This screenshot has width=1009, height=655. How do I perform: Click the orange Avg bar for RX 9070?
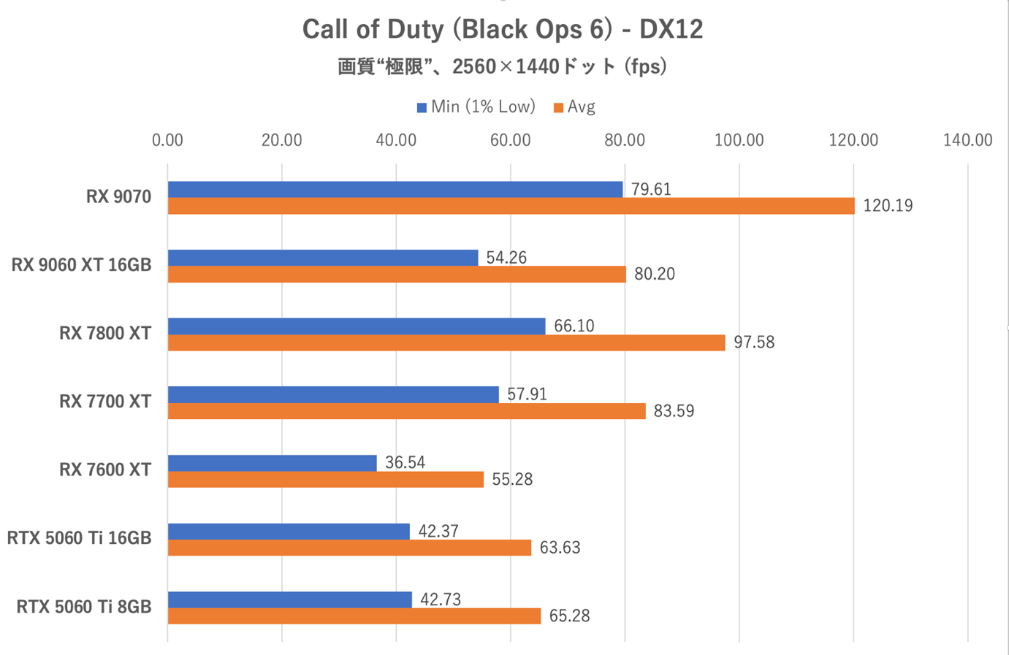(511, 206)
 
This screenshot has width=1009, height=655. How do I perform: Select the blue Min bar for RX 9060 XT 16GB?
(323, 258)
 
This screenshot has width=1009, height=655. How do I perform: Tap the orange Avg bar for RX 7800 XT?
(446, 342)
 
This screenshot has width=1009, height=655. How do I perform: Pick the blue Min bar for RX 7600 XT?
(273, 463)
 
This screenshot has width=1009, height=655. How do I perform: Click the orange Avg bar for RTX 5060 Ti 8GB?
(354, 616)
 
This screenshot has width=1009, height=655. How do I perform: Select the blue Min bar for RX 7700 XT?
(333, 394)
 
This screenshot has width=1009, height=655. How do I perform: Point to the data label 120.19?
(888, 206)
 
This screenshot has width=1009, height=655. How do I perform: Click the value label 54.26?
(506, 258)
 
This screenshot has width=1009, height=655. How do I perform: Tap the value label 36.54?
(405, 463)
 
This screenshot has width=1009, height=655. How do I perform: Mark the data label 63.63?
(560, 548)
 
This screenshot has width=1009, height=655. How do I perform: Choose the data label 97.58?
(754, 342)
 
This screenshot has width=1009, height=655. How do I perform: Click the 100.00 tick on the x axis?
(739, 140)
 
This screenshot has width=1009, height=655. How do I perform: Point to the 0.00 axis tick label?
(168, 140)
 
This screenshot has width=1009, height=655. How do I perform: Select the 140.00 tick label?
(967, 140)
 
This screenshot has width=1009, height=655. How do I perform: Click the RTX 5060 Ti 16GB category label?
(80, 539)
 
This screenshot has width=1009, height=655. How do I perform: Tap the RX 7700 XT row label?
(105, 402)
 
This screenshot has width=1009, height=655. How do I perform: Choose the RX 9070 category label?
(118, 197)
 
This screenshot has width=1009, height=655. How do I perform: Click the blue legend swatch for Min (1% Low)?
(422, 108)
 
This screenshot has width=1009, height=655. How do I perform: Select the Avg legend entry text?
(582, 107)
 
